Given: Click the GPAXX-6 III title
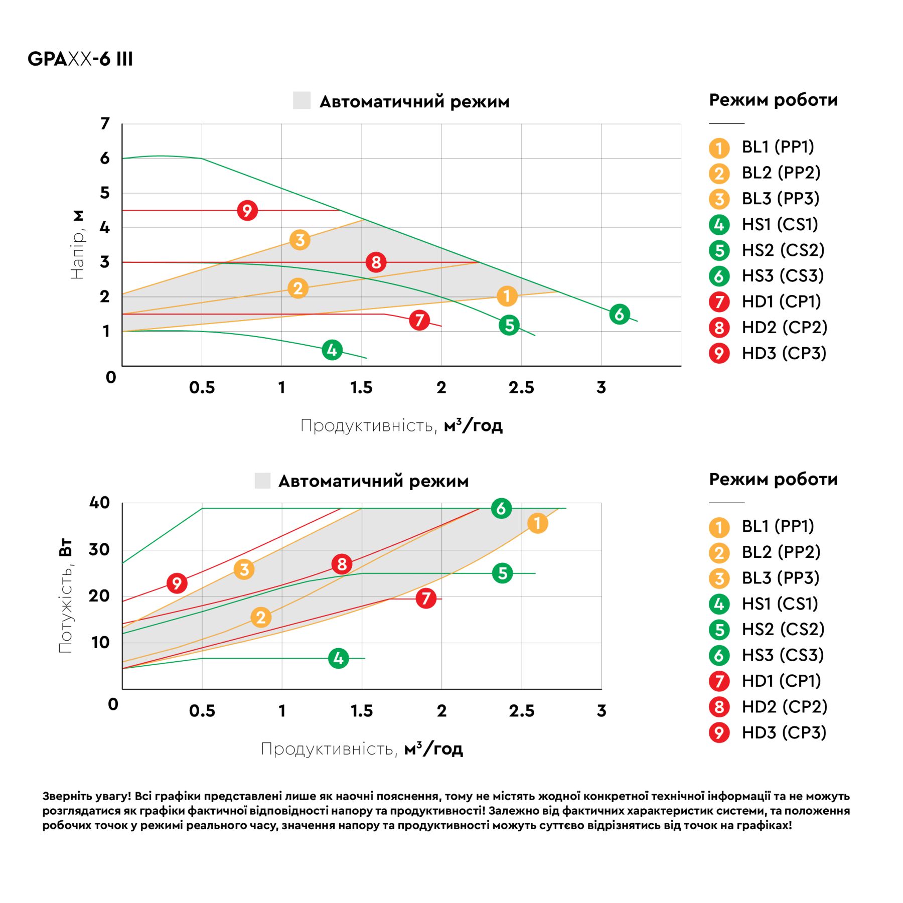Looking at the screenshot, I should coord(80,59).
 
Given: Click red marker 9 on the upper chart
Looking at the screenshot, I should coord(247,210).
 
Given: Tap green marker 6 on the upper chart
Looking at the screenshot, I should coord(620,314).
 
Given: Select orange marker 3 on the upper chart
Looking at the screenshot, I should coord(300,240).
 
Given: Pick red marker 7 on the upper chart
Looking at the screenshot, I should coord(419,320).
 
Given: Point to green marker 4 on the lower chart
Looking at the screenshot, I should coord(339,658).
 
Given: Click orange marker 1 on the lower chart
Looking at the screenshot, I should coord(537,523).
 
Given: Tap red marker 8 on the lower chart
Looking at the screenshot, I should coord(342,564).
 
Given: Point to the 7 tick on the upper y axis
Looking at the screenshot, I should coord(105,123).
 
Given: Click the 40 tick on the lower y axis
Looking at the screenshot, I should coord(99,503).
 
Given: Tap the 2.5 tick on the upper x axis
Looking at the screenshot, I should coord(521,388).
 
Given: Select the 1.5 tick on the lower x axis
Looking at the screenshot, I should coord(361,711).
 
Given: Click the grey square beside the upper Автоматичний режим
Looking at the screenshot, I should coord(302,100).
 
